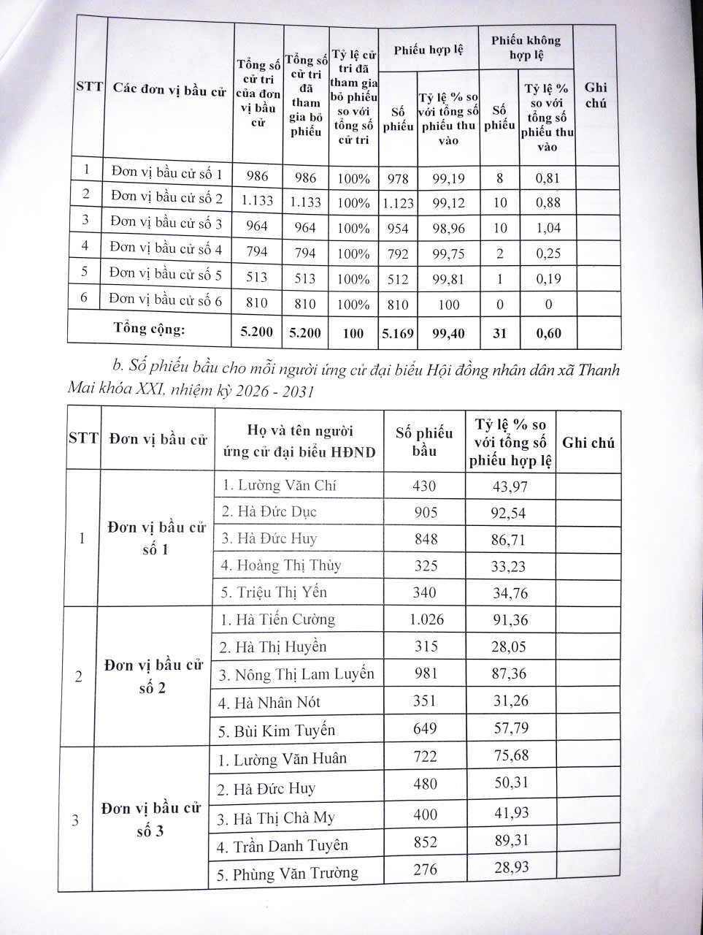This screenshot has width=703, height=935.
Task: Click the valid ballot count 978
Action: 399,178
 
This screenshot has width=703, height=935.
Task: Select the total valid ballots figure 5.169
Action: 398,333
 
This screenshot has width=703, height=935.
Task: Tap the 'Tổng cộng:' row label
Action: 150,329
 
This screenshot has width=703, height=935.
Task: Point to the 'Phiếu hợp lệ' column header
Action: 429,50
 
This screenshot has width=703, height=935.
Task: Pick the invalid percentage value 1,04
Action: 548,228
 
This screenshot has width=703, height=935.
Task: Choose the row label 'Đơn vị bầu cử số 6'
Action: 166,299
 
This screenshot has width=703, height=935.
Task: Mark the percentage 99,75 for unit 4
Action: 447,253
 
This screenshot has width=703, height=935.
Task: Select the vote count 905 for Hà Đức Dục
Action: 424,511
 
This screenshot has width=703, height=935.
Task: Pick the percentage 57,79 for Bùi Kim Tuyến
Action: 510,728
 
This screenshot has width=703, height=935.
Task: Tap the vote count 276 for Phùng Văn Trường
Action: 424,870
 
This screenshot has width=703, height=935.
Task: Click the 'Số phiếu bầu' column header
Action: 424,441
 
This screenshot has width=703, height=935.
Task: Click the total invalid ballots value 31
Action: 499,333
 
